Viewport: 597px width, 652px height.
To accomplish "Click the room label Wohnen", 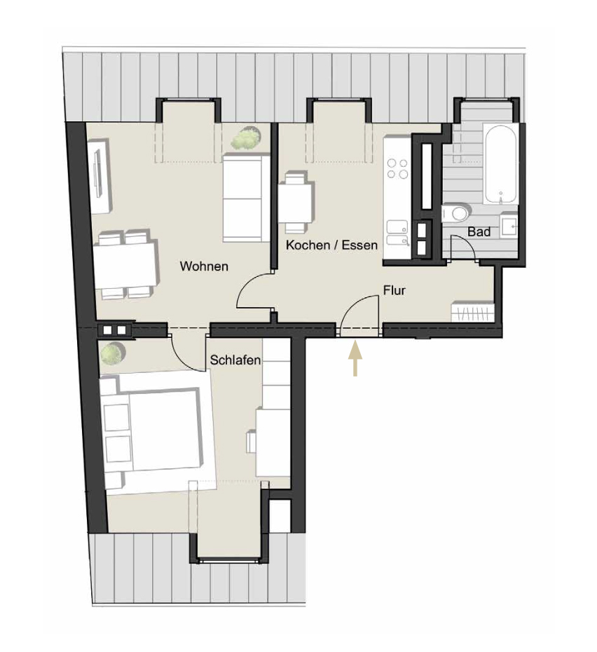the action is point(204,266).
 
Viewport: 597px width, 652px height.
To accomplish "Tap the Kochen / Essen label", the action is point(331,245).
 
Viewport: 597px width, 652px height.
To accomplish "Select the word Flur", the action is point(394,290).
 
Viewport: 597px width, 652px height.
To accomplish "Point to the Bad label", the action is point(479,231).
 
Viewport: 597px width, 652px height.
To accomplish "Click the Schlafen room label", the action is point(235,360).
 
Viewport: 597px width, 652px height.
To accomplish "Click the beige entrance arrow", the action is point(355,358).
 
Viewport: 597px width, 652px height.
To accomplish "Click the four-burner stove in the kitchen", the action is point(397,169).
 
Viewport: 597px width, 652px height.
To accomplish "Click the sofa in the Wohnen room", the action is point(246,198).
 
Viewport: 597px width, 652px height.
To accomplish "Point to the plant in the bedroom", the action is point(112,353).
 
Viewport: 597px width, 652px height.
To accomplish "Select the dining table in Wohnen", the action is point(125,265).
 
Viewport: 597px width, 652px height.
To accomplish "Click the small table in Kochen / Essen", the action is point(296,203).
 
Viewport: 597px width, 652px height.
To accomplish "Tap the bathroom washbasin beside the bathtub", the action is point(509,226).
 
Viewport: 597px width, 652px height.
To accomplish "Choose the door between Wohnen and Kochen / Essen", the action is point(254,290).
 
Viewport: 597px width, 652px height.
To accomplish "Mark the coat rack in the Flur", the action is point(473,311).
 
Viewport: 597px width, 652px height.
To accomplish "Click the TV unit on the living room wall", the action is point(99,175).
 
